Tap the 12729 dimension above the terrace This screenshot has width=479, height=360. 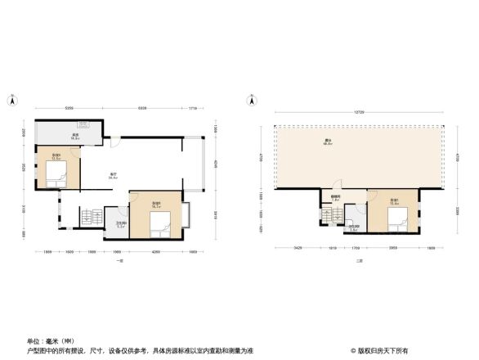tap(359, 111)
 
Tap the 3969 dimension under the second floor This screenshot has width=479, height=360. tap(393, 248)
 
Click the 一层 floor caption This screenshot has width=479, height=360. tap(119, 260)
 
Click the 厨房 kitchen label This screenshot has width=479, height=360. tap(74, 136)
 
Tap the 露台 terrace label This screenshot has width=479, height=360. tap(327, 142)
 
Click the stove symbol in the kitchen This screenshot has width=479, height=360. tap(84, 125)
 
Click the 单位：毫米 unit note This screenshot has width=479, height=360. tap(47, 340)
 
